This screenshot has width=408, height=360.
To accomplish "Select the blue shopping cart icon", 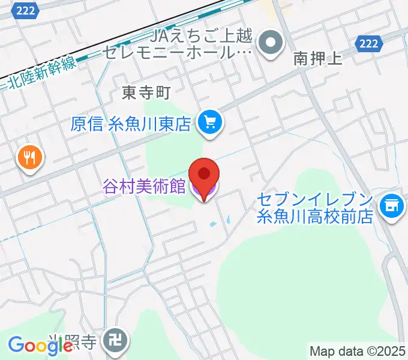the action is [x=210, y=123].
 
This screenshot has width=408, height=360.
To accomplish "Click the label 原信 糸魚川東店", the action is [x=130, y=124].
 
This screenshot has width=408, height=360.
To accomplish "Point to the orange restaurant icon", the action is [x=29, y=158].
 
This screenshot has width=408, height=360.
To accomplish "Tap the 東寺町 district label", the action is [x=146, y=92].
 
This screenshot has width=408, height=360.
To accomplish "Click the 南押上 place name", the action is [x=317, y=59].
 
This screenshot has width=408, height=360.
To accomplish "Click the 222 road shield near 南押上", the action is [x=368, y=43].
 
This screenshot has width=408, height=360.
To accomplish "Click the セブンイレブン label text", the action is [x=316, y=199].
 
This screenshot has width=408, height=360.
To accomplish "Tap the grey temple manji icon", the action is [x=113, y=341].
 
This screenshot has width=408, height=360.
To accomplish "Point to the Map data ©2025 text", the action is [x=358, y=351].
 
